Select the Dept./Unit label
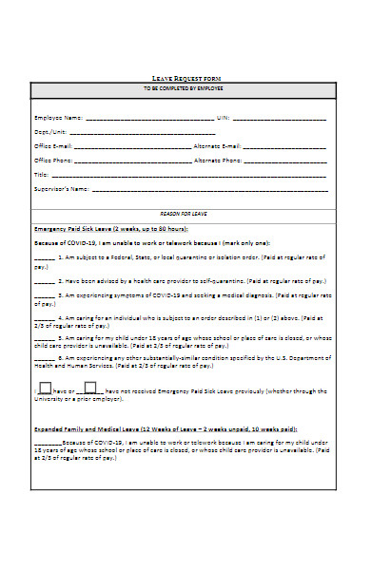pos(51,133)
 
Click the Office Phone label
pos(53,161)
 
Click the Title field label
pos(40,176)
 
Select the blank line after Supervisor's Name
pos(209,190)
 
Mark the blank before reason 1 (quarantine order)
pos(44,258)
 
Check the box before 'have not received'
pos(90,388)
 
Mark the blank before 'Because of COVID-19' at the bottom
pos(48,445)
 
